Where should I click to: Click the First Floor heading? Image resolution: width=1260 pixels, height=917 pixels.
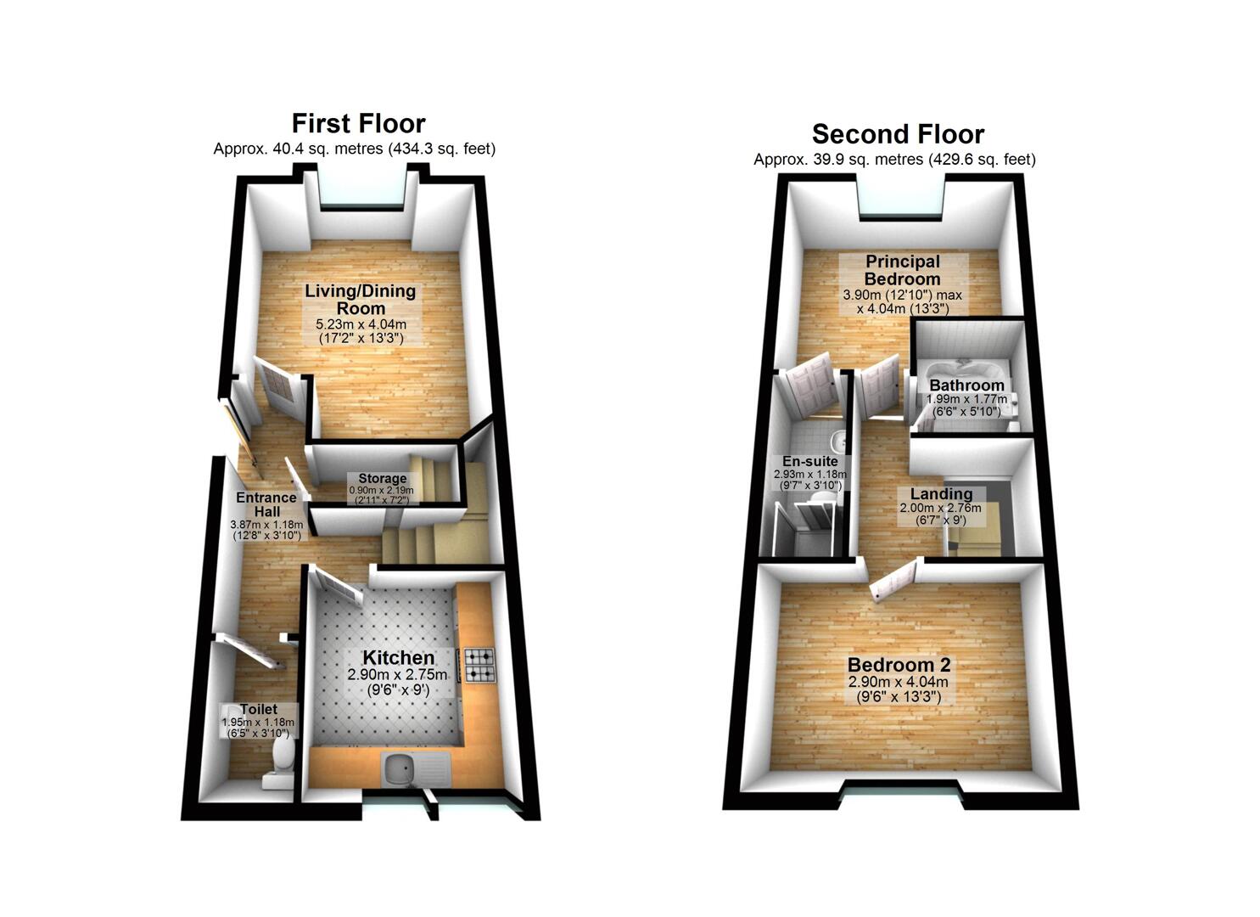[x=358, y=123]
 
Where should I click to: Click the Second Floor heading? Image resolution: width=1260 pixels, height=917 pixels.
[x=898, y=134]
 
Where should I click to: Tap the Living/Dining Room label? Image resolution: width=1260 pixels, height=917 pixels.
[x=361, y=300]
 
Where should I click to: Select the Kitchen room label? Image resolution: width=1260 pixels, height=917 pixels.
[x=398, y=657]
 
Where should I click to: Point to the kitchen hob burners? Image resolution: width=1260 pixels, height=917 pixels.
[x=479, y=666]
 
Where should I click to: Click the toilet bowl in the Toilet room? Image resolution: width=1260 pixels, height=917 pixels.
[x=283, y=754]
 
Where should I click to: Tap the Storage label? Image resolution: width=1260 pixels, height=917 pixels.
[x=383, y=479]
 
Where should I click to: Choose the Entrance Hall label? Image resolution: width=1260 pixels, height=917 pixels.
[x=266, y=504]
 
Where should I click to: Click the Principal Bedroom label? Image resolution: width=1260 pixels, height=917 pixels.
[x=902, y=270]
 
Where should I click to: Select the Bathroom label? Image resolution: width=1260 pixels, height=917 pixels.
[x=966, y=385]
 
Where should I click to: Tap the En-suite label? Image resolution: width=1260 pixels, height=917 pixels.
[x=810, y=461]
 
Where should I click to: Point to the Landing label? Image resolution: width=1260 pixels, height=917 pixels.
[x=942, y=493]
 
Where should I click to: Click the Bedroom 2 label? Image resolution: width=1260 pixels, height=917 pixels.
[x=899, y=665]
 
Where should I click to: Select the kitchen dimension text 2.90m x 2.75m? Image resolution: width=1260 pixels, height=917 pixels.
[x=397, y=674]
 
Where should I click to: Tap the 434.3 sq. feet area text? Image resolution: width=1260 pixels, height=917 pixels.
[x=441, y=149]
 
